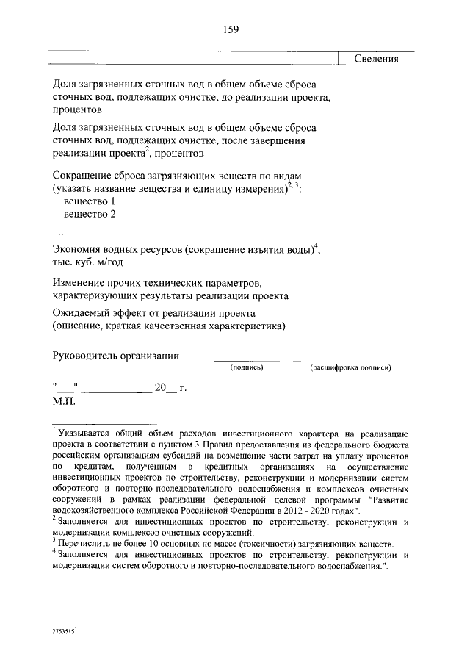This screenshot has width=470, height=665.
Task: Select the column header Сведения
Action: pos(375,60)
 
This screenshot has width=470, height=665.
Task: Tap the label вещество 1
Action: pos(91,201)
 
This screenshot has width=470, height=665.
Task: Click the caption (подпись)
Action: pos(247,367)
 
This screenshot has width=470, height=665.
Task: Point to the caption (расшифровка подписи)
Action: pos(350,367)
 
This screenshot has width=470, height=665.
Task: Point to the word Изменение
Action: pos(82,282)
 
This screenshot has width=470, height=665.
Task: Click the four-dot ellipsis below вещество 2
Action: pos(59,233)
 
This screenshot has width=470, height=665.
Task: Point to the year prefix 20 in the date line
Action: pos(161,388)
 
